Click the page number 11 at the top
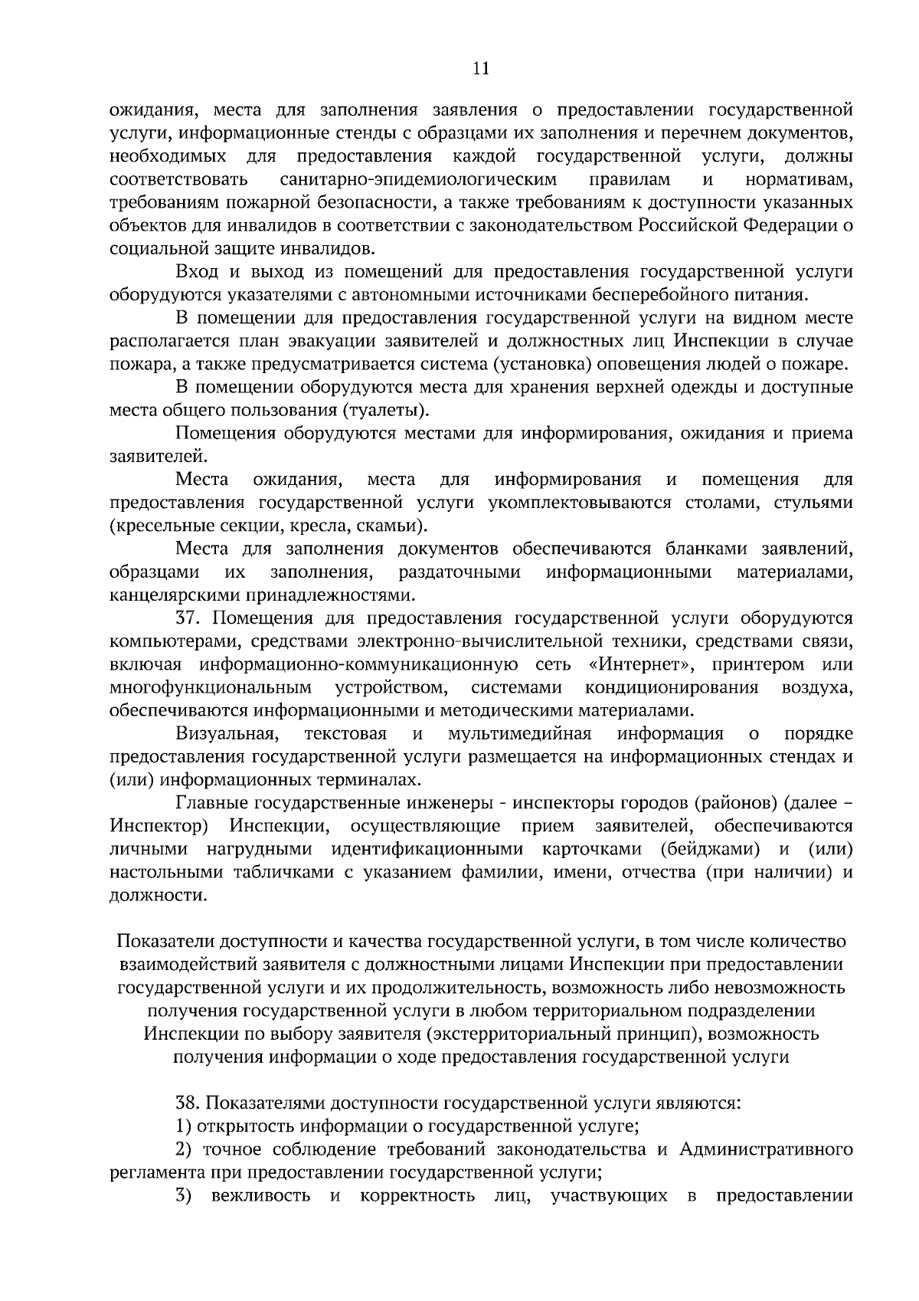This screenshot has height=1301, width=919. point(481,69)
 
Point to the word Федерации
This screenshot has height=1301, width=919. point(775,226)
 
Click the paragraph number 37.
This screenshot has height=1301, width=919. point(188,618)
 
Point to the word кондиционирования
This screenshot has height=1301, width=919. point(672,687)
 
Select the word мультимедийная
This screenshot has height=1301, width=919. point(520,734)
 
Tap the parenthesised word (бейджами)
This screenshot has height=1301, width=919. point(708,849)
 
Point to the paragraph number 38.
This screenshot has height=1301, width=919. point(188,1103)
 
